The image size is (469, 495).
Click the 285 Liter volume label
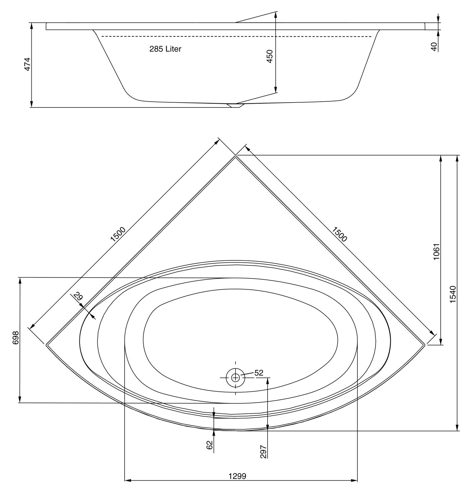point(165,49)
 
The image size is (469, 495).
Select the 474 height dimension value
point(27,64)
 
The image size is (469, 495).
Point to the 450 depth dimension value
point(270,56)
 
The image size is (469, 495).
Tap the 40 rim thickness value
point(434,47)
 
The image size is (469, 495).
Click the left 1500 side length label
point(118,234)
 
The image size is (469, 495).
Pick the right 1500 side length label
point(339,234)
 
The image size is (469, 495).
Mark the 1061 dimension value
point(437,251)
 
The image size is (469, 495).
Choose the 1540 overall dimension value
point(453,295)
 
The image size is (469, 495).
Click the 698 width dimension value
point(16,338)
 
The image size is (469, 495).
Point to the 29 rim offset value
point(78,297)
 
